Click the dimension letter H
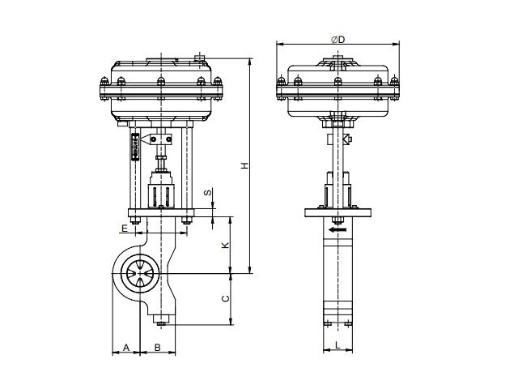pyautogui.click(x=244, y=165)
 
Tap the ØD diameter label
pyautogui.click(x=338, y=40)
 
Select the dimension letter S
pyautogui.click(x=207, y=193)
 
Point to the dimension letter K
pyautogui.click(x=225, y=245)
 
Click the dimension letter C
pyautogui.click(x=225, y=299)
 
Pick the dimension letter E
pyautogui.click(x=124, y=229)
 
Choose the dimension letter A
pyautogui.click(x=126, y=348)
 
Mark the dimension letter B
pyautogui.click(x=158, y=348)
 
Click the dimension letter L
pyautogui.click(x=338, y=345)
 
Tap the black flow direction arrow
pyautogui.click(x=338, y=229)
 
